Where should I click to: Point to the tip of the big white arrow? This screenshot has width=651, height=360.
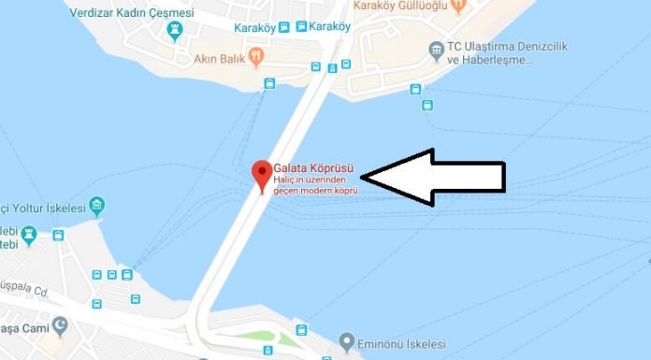[363, 175]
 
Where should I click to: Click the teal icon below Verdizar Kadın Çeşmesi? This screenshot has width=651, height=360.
[174, 33]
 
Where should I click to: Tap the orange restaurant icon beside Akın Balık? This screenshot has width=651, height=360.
[269, 55]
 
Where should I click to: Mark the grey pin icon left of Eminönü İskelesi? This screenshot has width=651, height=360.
[347, 340]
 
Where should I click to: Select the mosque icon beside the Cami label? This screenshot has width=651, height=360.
[61, 326]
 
